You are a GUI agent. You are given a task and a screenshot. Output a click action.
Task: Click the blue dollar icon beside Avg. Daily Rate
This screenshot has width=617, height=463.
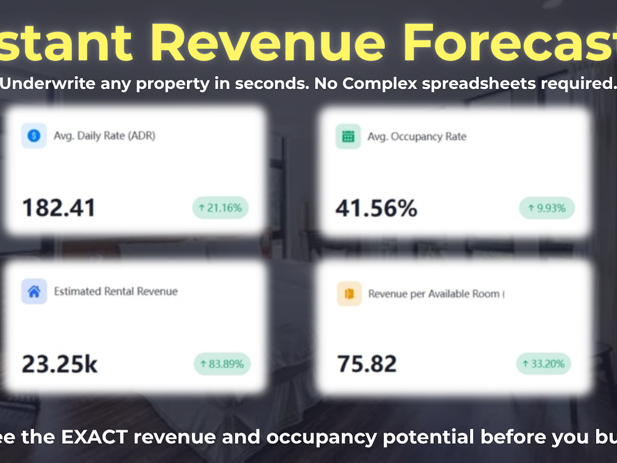(34, 136)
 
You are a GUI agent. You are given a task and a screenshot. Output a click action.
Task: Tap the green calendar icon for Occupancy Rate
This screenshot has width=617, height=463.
(348, 136)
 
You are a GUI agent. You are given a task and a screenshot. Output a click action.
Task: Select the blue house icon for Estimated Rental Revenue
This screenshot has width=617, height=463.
(34, 291)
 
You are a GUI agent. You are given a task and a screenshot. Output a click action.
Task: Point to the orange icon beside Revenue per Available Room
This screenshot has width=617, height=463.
(349, 294)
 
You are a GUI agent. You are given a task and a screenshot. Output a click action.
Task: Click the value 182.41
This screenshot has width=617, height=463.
(59, 208)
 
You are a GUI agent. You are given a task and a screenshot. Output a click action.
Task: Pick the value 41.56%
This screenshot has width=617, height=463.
(376, 209)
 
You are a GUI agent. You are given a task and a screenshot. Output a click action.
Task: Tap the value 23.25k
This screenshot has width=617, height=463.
(60, 364)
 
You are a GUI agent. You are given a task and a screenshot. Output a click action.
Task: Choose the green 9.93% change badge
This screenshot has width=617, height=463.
(546, 209)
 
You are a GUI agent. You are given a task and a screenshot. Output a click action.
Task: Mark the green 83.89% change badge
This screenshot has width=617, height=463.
(222, 364)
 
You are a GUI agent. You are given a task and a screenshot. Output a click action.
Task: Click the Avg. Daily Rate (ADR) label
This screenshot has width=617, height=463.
(104, 136)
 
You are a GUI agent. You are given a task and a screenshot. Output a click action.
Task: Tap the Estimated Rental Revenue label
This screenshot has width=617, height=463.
(115, 291)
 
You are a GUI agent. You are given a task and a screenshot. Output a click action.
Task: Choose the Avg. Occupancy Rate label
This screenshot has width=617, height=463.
(416, 136)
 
